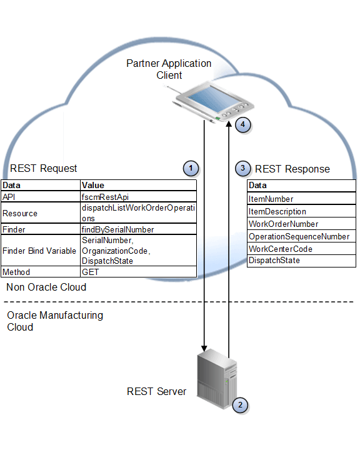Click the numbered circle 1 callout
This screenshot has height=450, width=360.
[x=191, y=168]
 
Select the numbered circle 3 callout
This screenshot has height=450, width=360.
[x=243, y=168]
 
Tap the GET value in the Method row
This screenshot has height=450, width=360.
[x=91, y=272]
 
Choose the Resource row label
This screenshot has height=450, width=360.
[x=20, y=213]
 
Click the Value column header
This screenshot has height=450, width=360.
[x=93, y=185]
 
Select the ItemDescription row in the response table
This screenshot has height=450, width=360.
[x=277, y=211]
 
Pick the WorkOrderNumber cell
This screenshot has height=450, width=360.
[x=283, y=224]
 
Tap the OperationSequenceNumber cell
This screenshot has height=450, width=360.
[x=299, y=236]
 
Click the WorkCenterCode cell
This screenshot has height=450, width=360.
[x=280, y=249]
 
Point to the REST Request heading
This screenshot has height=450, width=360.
[x=44, y=168]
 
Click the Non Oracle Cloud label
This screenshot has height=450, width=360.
[x=46, y=287]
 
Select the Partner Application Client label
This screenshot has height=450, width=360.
[x=169, y=69]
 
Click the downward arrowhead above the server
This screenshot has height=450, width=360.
[x=204, y=347]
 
